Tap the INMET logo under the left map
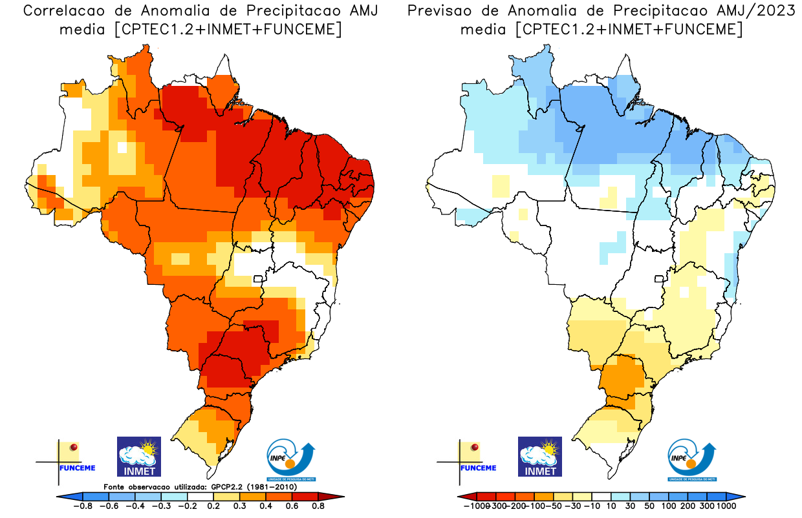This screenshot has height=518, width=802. [138, 457]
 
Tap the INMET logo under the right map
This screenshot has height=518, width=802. [540, 457]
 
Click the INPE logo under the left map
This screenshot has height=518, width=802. [292, 459]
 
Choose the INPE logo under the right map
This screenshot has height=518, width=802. [693, 459]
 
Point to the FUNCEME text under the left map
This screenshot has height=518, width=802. [77, 468]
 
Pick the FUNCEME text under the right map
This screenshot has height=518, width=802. [479, 468]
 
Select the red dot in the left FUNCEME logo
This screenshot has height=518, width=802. [74, 447]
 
